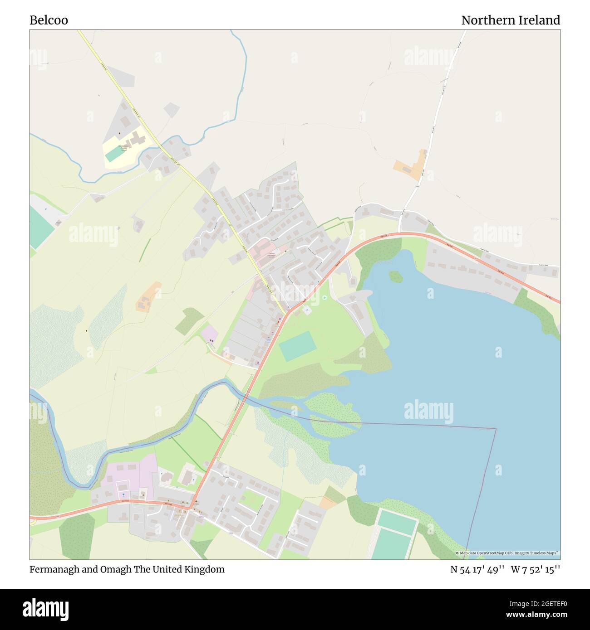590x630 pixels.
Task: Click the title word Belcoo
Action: (49, 20)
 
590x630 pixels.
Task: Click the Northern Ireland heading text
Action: (510, 20)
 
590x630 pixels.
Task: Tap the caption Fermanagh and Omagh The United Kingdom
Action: (127, 569)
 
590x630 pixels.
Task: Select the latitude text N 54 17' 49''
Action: (477, 569)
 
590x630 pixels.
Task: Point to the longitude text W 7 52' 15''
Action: (536, 569)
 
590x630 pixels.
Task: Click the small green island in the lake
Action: (396, 276)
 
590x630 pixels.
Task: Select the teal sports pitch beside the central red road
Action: (297, 346)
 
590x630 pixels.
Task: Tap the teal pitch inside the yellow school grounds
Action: (114, 154)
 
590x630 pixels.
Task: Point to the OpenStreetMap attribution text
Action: (508, 553)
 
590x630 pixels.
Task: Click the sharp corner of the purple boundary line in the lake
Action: (496, 428)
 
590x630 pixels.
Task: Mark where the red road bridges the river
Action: (245, 397)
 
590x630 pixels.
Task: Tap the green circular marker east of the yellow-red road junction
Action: (325, 298)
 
